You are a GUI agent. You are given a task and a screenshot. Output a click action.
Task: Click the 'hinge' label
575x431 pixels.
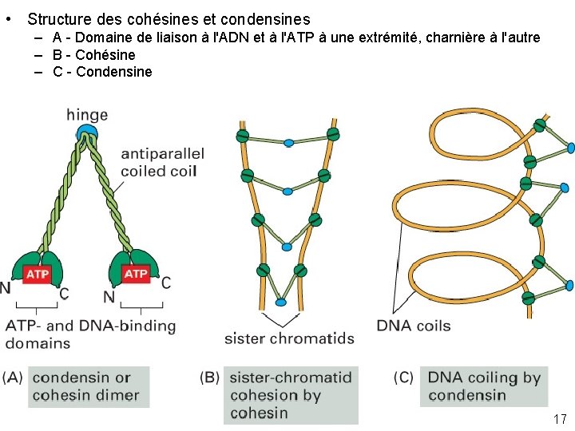[87, 116]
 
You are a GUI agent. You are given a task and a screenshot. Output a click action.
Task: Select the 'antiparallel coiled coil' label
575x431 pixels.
[162, 162]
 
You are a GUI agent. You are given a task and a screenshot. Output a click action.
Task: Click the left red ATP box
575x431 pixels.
[38, 275]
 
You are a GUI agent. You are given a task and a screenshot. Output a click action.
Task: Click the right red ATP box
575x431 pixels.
[136, 274]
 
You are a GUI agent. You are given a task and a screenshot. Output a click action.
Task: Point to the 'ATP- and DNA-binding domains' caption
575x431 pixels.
[90, 334]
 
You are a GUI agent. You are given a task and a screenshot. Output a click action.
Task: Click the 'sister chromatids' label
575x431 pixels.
[289, 338]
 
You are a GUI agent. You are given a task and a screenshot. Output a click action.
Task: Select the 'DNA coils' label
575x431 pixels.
[414, 326]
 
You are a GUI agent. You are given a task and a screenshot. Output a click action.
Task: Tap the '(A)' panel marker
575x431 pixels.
[14, 378]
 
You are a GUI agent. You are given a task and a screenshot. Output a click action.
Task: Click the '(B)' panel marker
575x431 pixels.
[211, 378]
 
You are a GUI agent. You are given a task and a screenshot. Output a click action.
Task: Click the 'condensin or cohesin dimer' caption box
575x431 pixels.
[88, 386]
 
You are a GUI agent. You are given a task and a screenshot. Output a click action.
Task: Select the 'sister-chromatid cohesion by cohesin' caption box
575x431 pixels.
[291, 395]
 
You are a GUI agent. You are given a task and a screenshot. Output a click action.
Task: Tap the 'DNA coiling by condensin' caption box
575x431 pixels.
[484, 386]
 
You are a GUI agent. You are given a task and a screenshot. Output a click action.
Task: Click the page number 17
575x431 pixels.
[559, 419]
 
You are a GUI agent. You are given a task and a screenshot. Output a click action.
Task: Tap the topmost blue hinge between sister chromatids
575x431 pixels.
[288, 143]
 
